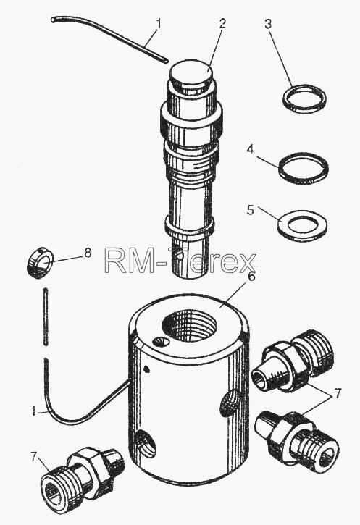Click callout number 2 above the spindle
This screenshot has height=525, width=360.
222,23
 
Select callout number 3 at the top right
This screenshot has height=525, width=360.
268,24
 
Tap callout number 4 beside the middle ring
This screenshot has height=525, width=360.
250,149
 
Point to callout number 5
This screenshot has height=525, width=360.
251,210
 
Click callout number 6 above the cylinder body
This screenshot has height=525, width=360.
251,277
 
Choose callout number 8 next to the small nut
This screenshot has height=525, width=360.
88,253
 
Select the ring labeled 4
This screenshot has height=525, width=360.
303,169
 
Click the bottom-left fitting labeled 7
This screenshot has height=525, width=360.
82,476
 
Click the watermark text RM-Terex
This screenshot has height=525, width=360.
180,261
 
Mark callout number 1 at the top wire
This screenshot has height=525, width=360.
159,24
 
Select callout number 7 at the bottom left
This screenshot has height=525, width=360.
34,457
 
